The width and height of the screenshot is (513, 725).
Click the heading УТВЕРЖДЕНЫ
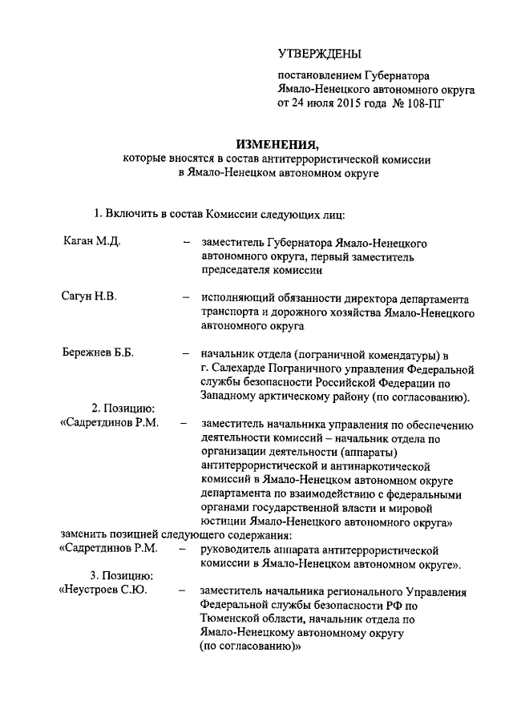[320, 54]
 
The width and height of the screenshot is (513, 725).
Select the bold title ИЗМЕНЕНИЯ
[277, 144]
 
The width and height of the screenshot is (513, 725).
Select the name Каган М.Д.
[91, 241]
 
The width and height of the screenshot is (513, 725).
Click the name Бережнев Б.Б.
[98, 353]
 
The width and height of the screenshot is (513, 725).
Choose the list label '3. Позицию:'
[122, 576]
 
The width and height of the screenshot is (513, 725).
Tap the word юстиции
[224, 522]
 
